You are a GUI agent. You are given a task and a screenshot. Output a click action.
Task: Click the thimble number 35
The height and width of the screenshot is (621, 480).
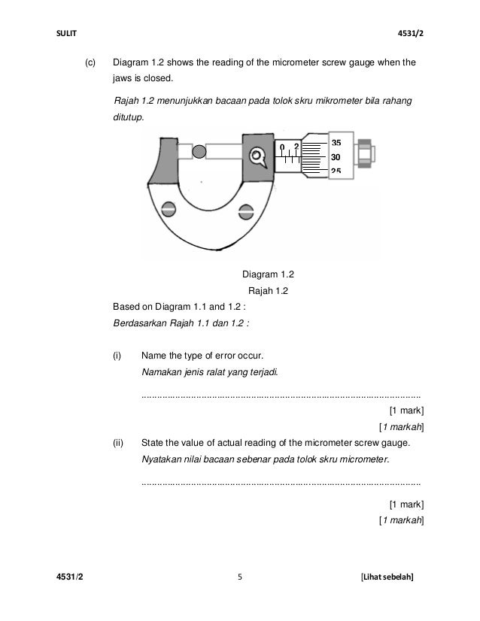click(x=336, y=143)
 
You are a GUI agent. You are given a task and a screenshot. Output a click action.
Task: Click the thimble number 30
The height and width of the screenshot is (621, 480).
click(x=336, y=158)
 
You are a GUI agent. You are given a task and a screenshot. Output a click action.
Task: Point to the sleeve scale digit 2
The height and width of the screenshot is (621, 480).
click(x=296, y=146)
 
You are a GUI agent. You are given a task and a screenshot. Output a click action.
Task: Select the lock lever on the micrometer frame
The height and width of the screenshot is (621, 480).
click(x=259, y=157)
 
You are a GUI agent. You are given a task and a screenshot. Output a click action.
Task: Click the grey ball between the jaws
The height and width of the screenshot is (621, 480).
click(x=199, y=153)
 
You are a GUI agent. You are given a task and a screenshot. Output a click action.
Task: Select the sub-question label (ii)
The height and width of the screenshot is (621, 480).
click(x=118, y=442)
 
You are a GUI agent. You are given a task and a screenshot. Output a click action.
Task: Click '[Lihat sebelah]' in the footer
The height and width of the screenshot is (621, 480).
click(x=387, y=577)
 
